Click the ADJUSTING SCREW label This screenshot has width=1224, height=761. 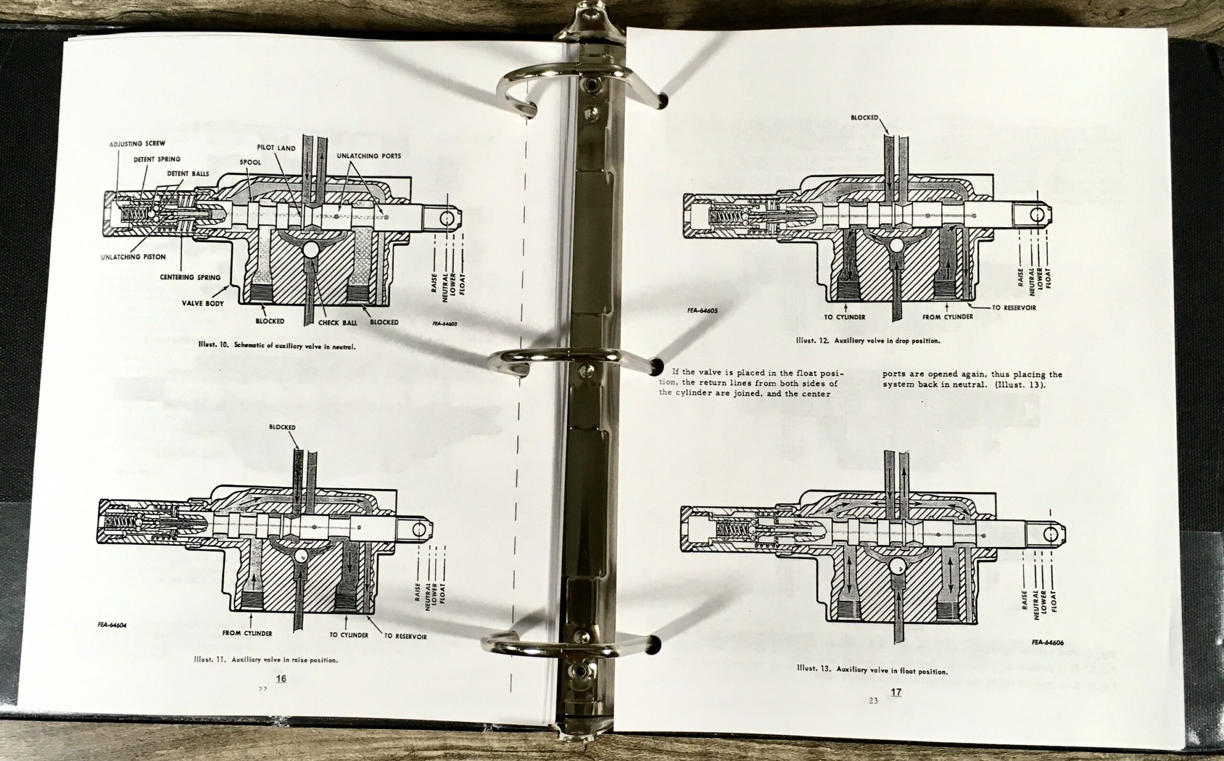click(137, 144)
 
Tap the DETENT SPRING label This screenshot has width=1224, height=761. click(156, 160)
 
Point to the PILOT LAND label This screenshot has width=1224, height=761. click(276, 148)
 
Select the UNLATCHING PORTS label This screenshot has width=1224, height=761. click(369, 156)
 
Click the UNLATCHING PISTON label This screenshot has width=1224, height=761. click(133, 257)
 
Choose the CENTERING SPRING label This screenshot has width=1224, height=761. click(190, 277)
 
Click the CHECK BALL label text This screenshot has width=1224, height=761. click(338, 322)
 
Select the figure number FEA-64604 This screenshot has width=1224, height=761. click(112, 625)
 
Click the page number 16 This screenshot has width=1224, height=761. click(281, 678)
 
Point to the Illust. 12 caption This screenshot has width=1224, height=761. click(868, 341)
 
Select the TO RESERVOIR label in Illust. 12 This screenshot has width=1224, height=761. click(1014, 308)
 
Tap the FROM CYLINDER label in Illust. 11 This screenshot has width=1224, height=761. click(247, 633)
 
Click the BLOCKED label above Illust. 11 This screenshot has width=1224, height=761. click(282, 427)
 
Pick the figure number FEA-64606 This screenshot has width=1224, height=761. click(1048, 642)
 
